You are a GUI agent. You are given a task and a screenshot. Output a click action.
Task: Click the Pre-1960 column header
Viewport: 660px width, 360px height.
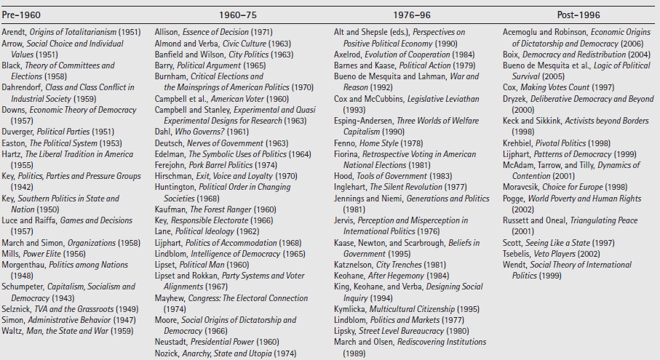pyautogui.click(x=21, y=15)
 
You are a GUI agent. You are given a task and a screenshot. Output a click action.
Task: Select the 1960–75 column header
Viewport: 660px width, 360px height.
pyautogui.click(x=237, y=15)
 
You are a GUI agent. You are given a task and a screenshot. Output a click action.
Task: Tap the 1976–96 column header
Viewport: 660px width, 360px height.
pyautogui.click(x=412, y=15)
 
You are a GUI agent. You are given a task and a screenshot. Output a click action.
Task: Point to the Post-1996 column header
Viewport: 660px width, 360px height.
pyautogui.click(x=579, y=15)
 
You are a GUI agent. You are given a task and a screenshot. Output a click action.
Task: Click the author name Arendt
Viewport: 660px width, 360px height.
pyautogui.click(x=14, y=33)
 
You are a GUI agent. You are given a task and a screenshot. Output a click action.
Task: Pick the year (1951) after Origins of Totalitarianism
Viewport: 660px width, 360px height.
pyautogui.click(x=130, y=33)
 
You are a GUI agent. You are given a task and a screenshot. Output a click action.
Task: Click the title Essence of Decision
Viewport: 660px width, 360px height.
pyautogui.click(x=215, y=33)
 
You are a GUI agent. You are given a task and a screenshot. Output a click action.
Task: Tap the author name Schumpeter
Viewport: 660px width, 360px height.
pyautogui.click(x=23, y=287)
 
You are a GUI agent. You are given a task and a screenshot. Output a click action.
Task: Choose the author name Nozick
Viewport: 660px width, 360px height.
pyautogui.click(x=167, y=353)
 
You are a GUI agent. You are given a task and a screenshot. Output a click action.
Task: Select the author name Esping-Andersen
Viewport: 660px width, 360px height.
pyautogui.click(x=364, y=121)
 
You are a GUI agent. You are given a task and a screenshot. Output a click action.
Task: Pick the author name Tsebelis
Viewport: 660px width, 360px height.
pyautogui.click(x=517, y=254)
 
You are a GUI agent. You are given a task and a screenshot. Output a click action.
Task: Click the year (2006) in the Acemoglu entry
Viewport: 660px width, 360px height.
pyautogui.click(x=632, y=44)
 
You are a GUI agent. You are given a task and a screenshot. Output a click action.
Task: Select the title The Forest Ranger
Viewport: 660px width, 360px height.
pyautogui.click(x=220, y=209)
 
